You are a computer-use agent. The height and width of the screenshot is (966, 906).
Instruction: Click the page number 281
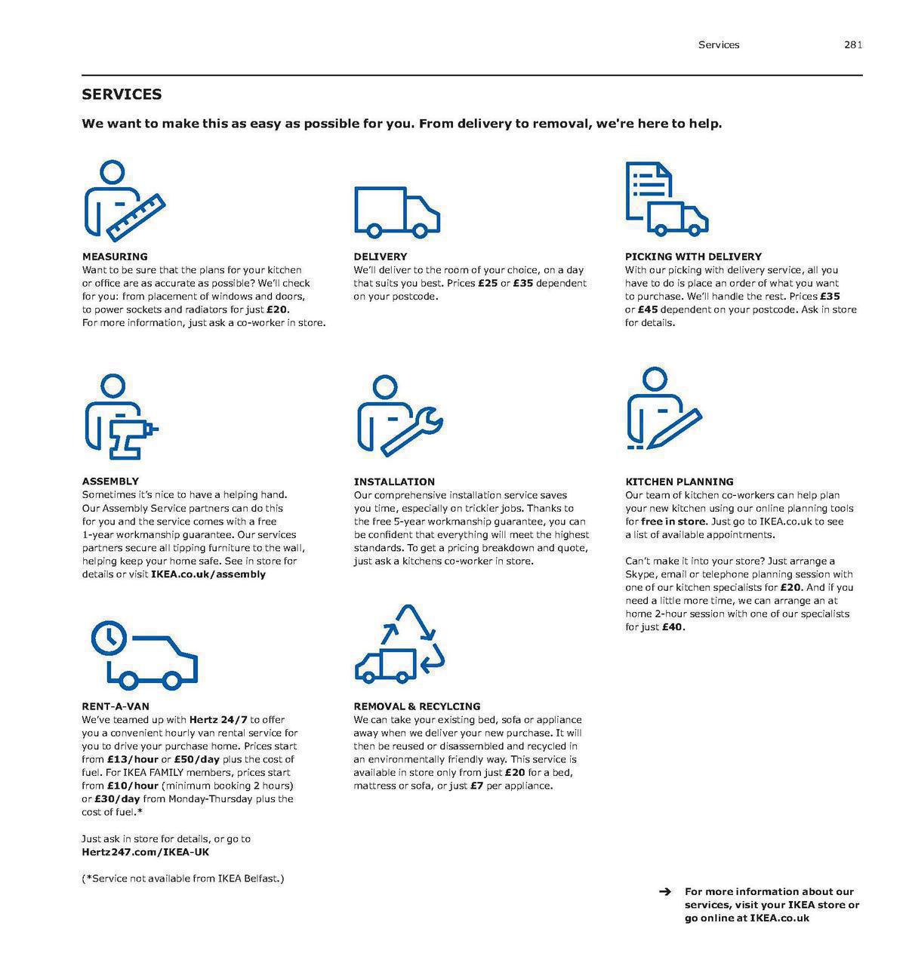[x=852, y=45]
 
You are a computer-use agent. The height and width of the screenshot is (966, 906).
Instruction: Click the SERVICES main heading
[x=122, y=94]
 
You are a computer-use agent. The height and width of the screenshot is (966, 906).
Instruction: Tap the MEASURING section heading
[x=115, y=257]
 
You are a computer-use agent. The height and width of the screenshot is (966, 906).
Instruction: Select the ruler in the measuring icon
[x=137, y=217]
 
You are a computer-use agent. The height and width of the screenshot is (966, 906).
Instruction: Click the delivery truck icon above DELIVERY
[x=397, y=211]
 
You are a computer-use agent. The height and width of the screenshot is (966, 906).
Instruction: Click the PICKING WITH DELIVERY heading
[x=693, y=257]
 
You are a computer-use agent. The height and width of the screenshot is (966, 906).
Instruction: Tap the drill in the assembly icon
[x=131, y=435]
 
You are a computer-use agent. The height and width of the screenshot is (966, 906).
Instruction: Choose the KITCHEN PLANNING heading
[x=679, y=481]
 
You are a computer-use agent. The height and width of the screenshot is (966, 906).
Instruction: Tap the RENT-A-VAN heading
[x=116, y=706]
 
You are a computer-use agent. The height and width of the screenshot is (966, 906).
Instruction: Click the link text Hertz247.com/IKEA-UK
[x=146, y=852]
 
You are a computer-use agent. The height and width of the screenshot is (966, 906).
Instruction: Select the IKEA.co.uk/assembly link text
[x=208, y=574]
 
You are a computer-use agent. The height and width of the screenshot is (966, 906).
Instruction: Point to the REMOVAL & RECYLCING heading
[x=417, y=706]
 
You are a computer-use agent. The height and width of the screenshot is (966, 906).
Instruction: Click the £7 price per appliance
[x=476, y=786]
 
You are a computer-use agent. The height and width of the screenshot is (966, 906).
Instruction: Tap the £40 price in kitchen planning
[x=673, y=627]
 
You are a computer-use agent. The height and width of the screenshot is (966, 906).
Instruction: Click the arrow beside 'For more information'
[x=665, y=892]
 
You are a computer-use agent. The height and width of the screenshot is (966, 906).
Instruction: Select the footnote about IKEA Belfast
[x=183, y=878]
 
